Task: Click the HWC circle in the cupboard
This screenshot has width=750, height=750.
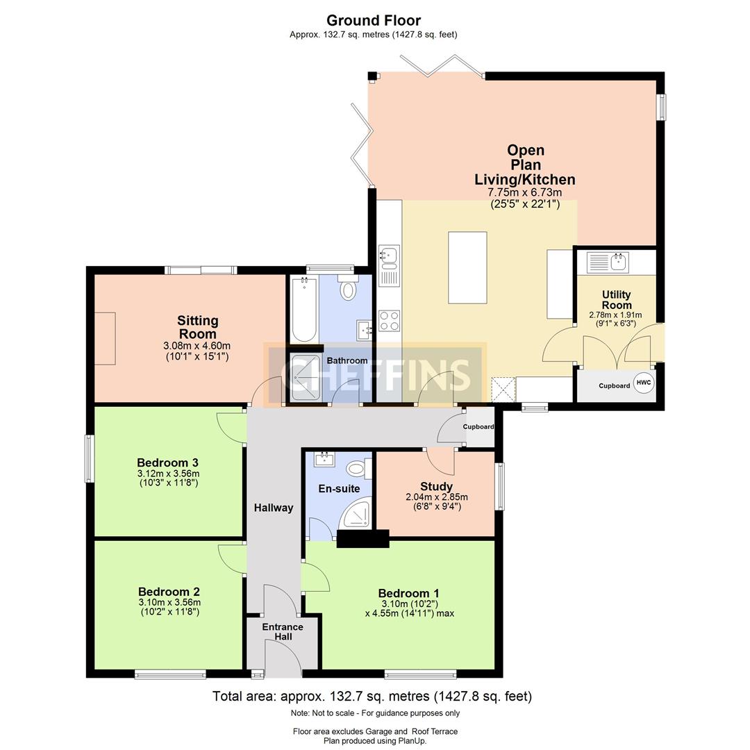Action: (x=643, y=383)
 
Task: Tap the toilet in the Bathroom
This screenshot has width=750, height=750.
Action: (x=348, y=287)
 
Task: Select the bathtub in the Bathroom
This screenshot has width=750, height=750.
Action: (x=304, y=309)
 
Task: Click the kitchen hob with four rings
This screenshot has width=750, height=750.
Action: (x=389, y=320)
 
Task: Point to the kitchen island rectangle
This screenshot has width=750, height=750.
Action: (x=467, y=267)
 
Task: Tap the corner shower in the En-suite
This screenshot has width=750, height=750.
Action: (x=355, y=512)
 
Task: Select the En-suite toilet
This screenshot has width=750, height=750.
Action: (x=358, y=468)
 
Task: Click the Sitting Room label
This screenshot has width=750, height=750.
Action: (x=197, y=327)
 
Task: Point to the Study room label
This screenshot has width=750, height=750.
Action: (x=436, y=486)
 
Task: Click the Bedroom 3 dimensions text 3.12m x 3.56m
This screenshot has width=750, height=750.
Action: (x=168, y=474)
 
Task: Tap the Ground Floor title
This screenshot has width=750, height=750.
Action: (x=374, y=21)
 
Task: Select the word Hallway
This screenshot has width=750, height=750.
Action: (x=274, y=508)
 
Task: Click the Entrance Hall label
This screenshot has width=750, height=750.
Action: (x=283, y=631)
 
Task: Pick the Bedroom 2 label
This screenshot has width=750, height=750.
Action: (x=169, y=592)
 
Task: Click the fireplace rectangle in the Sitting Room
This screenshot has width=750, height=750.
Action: (x=105, y=339)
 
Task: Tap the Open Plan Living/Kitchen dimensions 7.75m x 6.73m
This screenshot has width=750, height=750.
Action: (x=525, y=193)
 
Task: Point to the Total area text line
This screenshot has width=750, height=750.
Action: (x=372, y=696)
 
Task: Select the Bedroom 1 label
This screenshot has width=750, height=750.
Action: (x=408, y=594)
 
